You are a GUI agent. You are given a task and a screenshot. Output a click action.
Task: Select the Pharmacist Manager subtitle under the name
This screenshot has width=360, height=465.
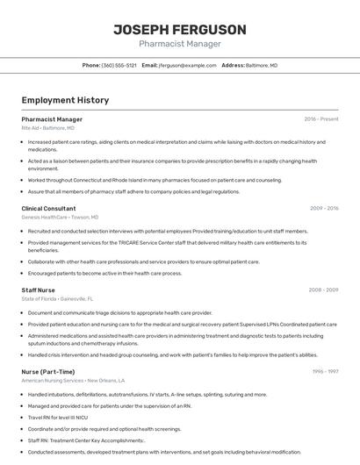[x=179, y=44]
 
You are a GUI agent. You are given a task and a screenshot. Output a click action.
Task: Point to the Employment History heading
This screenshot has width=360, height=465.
[x=65, y=100]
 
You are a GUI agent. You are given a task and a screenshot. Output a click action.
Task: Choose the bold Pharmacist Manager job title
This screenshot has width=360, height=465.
[x=52, y=118]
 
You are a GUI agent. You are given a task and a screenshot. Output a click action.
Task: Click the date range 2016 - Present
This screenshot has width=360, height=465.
[x=320, y=118]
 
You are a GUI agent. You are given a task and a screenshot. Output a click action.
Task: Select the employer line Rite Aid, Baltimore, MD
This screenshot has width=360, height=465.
[x=48, y=127]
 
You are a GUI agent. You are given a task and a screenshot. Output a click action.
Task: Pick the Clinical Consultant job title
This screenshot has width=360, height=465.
[x=48, y=209]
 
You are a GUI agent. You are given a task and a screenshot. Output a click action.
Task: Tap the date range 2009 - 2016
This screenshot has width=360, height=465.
[x=324, y=209]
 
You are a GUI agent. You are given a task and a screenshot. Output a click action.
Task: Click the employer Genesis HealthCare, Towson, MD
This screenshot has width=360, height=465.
[x=60, y=217]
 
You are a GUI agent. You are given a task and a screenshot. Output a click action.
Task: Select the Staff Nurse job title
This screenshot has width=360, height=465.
[x=38, y=290]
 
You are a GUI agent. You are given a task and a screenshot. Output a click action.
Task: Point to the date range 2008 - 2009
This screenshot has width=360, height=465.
[x=324, y=290]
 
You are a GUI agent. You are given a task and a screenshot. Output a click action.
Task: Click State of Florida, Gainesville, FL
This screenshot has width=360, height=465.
[x=57, y=298]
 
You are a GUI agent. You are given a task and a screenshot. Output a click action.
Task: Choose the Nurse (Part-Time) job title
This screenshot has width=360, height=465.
[x=47, y=371]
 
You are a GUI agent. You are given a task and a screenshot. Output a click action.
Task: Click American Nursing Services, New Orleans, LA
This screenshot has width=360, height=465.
[x=73, y=380]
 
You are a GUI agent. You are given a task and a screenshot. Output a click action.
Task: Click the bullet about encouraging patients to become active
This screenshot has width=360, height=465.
[x=104, y=273]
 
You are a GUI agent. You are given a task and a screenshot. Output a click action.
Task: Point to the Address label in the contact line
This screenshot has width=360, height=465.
[x=233, y=66]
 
